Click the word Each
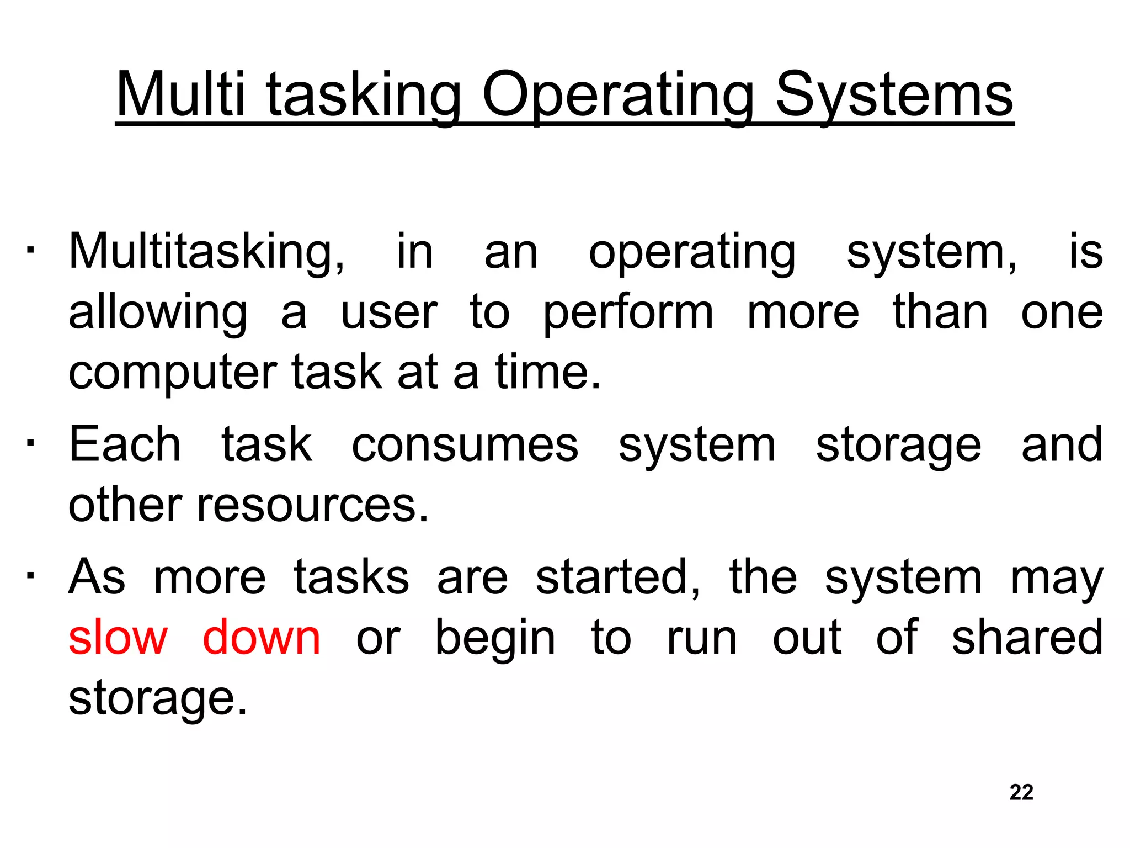click(125, 444)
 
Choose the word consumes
click(465, 445)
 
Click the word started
click(618, 577)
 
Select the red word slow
click(118, 638)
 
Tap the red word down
click(262, 638)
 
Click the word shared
click(1027, 638)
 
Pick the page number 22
click(1021, 792)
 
